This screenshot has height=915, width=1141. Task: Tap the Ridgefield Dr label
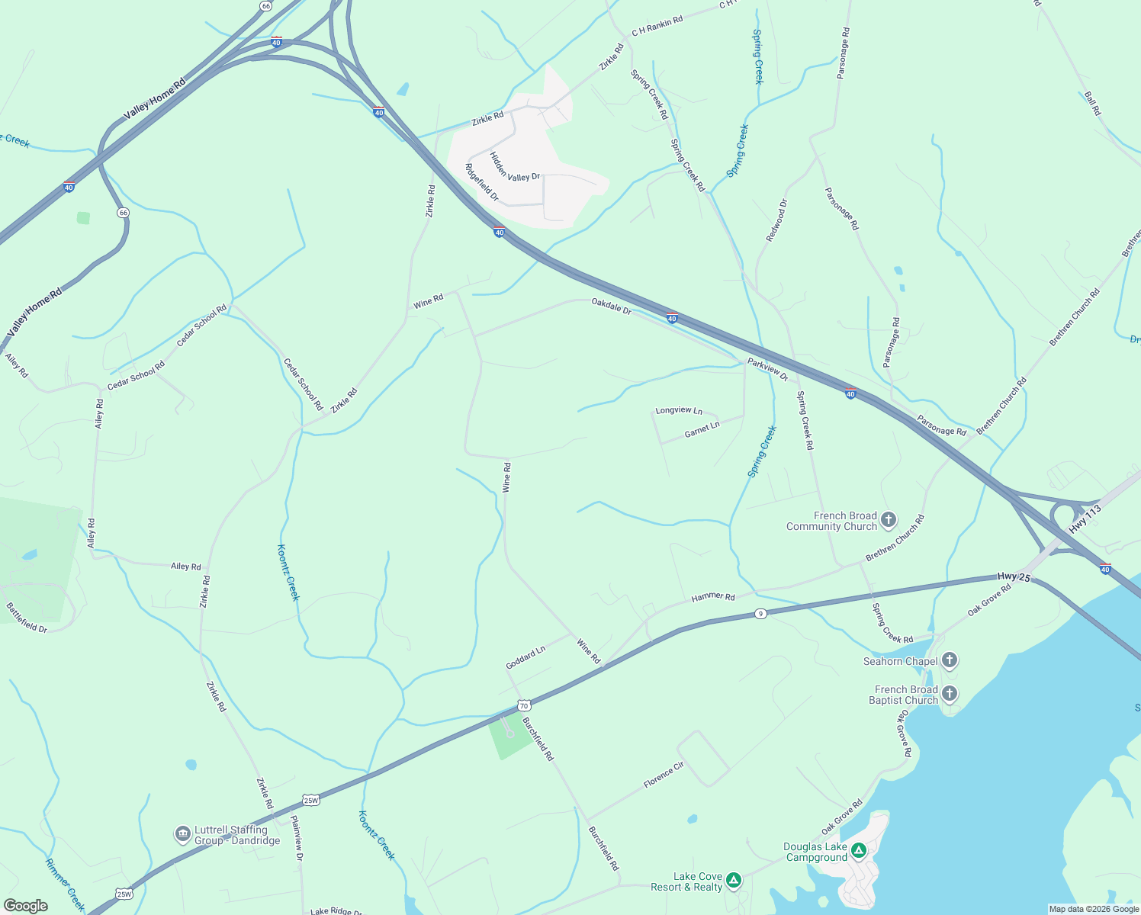(481, 182)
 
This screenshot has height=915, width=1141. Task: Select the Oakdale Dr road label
(612, 307)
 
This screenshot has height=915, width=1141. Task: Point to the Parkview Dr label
(768, 369)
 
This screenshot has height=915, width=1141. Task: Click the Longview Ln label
(679, 410)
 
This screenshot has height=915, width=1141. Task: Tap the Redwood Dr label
(776, 220)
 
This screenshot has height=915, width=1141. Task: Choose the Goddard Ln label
(526, 657)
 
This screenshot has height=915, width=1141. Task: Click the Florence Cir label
(664, 775)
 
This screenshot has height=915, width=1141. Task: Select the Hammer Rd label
(713, 597)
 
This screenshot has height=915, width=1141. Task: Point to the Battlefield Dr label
(27, 618)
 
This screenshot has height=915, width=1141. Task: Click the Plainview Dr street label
(297, 839)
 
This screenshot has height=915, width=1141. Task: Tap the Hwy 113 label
(1085, 518)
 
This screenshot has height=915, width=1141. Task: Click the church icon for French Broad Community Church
(889, 521)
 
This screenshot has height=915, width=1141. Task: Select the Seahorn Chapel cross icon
(950, 660)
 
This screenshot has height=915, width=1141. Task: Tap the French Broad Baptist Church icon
(950, 694)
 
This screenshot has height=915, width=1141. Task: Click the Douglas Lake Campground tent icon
(859, 849)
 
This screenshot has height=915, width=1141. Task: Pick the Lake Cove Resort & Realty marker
(734, 881)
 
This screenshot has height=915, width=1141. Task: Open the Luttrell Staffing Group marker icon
(182, 835)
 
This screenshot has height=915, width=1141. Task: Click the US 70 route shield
(524, 705)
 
